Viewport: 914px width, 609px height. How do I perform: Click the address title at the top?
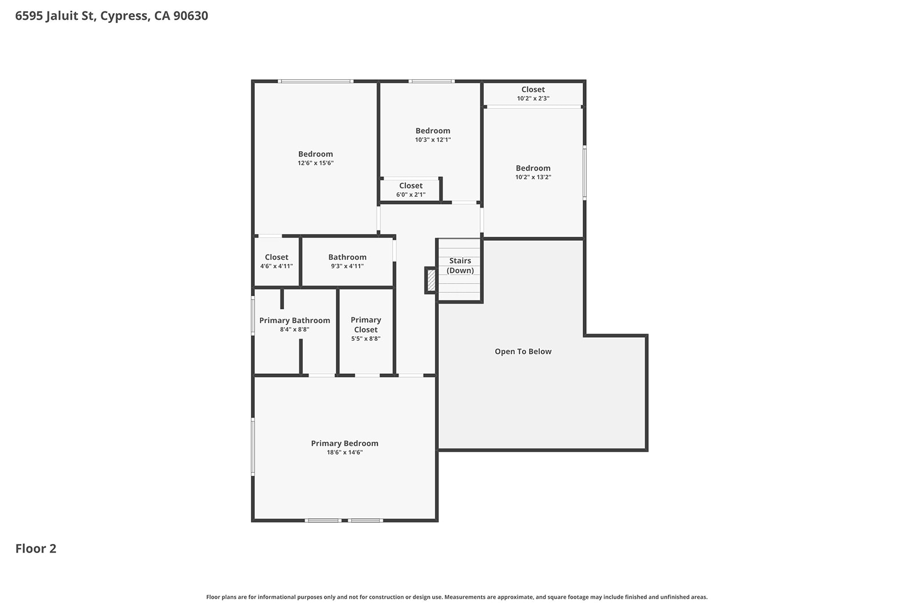pyautogui.click(x=111, y=16)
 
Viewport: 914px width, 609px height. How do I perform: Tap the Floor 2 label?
pyautogui.click(x=36, y=548)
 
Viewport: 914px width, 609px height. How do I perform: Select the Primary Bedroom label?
pyautogui.click(x=344, y=443)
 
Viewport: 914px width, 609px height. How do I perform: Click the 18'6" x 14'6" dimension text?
pyautogui.click(x=344, y=453)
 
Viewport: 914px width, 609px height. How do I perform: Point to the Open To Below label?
pyautogui.click(x=523, y=352)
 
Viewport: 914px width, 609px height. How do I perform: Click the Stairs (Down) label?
pyautogui.click(x=460, y=265)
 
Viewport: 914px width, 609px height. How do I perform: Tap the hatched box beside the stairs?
pyautogui.click(x=431, y=280)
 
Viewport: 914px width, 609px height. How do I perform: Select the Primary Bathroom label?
pyautogui.click(x=294, y=320)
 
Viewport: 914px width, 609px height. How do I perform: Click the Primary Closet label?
pyautogui.click(x=366, y=325)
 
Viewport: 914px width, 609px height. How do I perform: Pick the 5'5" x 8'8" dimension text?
pyautogui.click(x=366, y=338)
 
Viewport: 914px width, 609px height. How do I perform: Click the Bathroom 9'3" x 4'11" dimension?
pyautogui.click(x=347, y=266)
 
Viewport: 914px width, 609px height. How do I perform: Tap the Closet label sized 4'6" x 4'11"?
pyautogui.click(x=276, y=257)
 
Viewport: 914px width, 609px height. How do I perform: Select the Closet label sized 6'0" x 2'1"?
pyautogui.click(x=411, y=185)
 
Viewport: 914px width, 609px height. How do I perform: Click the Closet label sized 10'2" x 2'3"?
pyautogui.click(x=533, y=90)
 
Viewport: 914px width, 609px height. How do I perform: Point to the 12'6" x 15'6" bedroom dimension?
pyautogui.click(x=315, y=163)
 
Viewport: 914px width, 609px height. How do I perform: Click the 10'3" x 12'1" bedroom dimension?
pyautogui.click(x=432, y=140)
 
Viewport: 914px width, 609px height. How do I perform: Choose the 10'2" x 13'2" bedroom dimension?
pyautogui.click(x=533, y=177)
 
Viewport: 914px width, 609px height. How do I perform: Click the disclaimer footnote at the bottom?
pyautogui.click(x=456, y=597)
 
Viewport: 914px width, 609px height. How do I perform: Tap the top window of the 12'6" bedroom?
pyautogui.click(x=315, y=81)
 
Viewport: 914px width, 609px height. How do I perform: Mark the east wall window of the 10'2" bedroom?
pyautogui.click(x=584, y=172)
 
